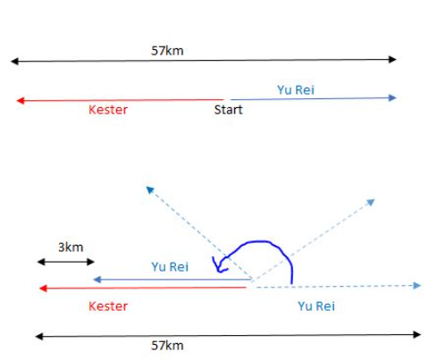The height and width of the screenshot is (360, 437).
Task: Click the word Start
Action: (229, 110)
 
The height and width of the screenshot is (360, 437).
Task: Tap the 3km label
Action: (71, 247)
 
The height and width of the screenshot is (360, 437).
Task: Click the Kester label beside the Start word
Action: (108, 110)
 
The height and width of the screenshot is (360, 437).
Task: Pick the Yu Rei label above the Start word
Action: (296, 90)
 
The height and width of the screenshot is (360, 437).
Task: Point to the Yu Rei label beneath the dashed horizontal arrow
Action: (316, 306)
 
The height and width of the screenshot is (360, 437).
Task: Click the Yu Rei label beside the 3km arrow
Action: (170, 267)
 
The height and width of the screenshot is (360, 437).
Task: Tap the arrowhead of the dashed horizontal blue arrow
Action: (416, 286)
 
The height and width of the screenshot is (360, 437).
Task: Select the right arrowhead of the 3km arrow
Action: (90, 262)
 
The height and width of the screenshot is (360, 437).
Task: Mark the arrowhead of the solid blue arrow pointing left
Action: (97, 280)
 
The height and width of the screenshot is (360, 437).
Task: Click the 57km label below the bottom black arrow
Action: (167, 346)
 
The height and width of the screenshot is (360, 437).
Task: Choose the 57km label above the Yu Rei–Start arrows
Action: (167, 51)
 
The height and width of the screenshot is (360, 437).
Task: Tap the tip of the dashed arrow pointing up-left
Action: (147, 187)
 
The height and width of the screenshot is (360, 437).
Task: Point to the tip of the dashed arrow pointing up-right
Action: (374, 199)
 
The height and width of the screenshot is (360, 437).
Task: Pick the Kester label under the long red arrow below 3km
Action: (108, 306)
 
